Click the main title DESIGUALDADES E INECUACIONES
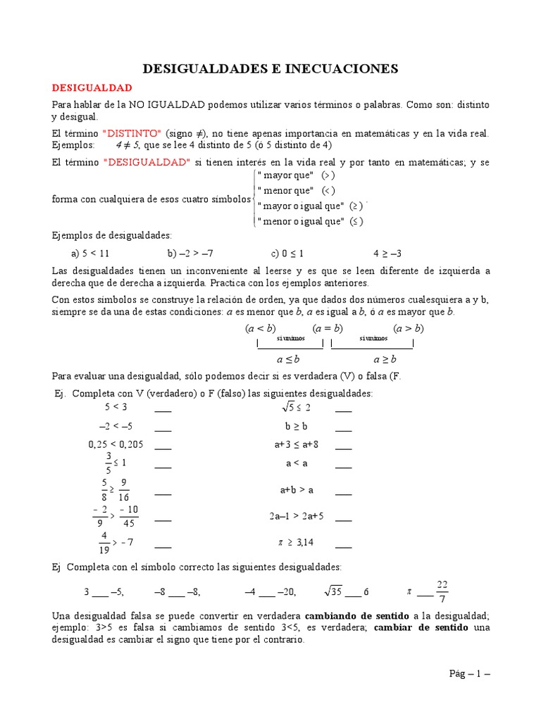pos(271,68)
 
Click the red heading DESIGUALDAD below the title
pos(92,88)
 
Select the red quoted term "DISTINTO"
pos(132,133)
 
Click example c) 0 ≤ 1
pos(287,253)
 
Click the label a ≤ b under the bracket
pos(287,358)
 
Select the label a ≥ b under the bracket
pos(385,358)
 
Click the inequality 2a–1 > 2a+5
pos(297,515)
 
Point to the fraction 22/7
pos(442,591)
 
